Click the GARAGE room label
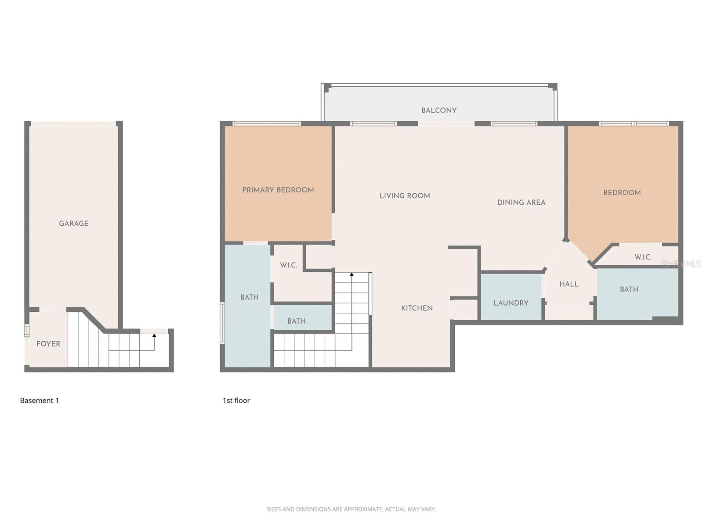click(x=74, y=224)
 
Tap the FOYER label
click(x=48, y=344)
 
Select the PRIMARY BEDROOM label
click(x=278, y=190)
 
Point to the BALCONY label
click(x=439, y=110)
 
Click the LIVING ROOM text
click(x=405, y=196)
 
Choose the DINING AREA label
click(x=521, y=202)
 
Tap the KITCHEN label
click(x=417, y=308)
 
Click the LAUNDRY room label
click(x=511, y=303)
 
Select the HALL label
click(x=569, y=284)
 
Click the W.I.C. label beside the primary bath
click(x=289, y=265)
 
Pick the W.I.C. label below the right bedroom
click(x=643, y=257)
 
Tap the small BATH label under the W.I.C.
click(x=296, y=321)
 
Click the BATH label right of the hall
click(x=629, y=289)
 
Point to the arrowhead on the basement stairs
click(x=154, y=336)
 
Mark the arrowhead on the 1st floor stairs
click(x=351, y=274)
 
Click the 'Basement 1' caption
click(x=39, y=401)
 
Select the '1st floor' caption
click(x=236, y=401)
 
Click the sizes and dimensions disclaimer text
click(x=351, y=509)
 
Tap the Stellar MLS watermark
click(x=681, y=263)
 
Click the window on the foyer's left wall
click(x=26, y=330)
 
